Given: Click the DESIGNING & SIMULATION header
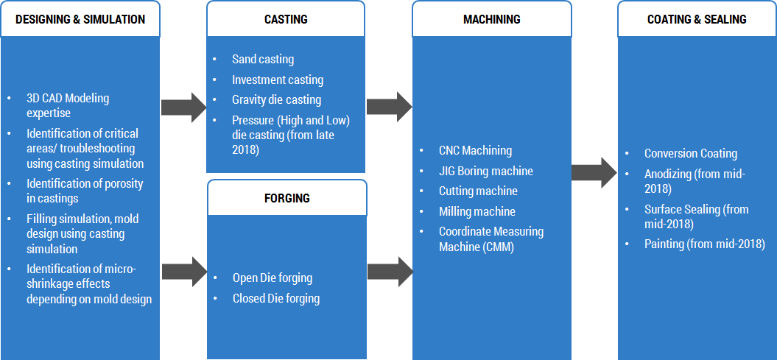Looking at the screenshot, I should click(80, 19).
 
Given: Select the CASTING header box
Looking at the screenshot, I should click(286, 19).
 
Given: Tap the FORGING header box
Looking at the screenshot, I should click(286, 198).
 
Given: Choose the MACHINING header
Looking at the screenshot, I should click(491, 19).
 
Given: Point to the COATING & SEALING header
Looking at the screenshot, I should click(697, 19).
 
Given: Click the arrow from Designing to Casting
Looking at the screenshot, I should click(184, 107).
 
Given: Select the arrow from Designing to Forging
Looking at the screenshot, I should click(184, 271).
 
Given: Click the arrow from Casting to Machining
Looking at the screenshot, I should click(389, 107).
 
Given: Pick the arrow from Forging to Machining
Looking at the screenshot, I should click(389, 271).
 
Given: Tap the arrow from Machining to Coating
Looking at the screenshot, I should click(594, 173).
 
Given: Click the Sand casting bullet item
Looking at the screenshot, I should click(262, 60).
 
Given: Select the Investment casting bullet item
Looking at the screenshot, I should click(277, 80).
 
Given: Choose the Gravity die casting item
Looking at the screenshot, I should click(276, 99).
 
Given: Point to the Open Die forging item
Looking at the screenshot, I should click(272, 278).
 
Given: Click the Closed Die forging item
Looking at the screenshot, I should click(275, 298).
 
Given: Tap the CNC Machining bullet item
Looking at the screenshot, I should click(475, 150).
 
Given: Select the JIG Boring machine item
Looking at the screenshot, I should click(485, 171).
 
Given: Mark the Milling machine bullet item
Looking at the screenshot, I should click(477, 211).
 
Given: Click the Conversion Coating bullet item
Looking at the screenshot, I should click(690, 153).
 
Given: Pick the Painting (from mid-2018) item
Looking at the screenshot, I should click(704, 244).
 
